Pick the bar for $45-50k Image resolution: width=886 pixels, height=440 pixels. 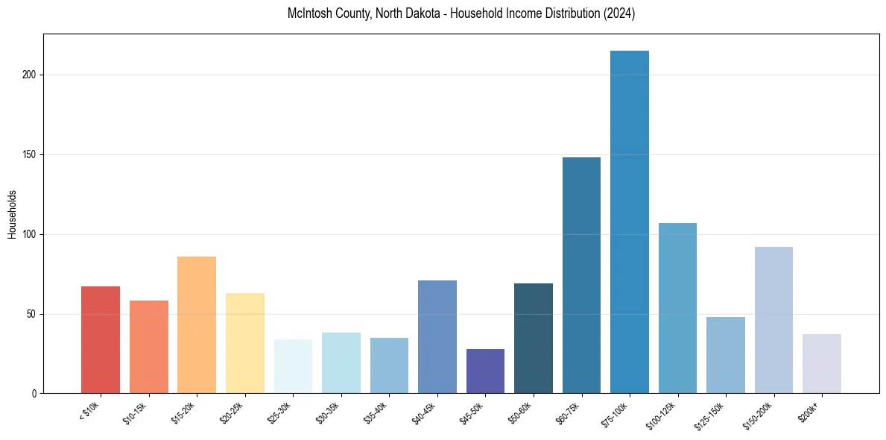click(x=485, y=371)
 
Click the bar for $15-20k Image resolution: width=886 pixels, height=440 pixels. click(x=197, y=324)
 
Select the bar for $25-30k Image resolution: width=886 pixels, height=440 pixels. click(x=293, y=366)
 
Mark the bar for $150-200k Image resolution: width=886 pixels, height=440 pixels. click(x=773, y=320)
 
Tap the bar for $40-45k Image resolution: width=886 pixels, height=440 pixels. click(x=437, y=336)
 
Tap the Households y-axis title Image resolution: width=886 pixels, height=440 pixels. click(x=12, y=213)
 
